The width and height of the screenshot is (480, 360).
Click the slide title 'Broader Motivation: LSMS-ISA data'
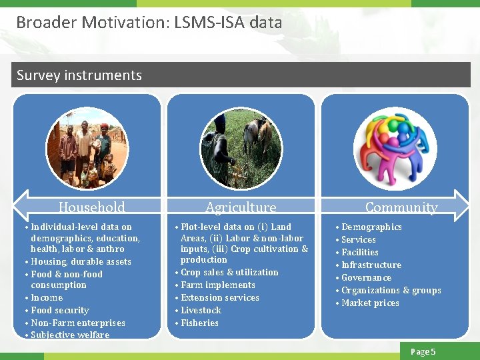pyautogui.click(x=149, y=22)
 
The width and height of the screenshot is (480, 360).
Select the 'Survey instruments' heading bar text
pyautogui.click(x=79, y=75)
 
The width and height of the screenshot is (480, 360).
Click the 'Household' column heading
pyautogui.click(x=91, y=207)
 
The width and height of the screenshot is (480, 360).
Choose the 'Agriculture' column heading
pyautogui.click(x=241, y=207)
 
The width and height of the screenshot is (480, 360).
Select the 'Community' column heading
pyautogui.click(x=401, y=207)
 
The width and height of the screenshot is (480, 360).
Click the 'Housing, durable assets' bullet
pyautogui.click(x=81, y=261)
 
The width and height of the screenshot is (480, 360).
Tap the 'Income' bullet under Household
pyautogui.click(x=47, y=297)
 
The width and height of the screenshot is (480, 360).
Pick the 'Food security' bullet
pyautogui.click(x=59, y=310)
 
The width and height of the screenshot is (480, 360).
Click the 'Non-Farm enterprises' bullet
pyautogui.click(x=77, y=323)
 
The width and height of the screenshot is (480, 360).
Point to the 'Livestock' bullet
pyautogui.click(x=201, y=310)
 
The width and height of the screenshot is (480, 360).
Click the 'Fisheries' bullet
pyautogui.click(x=199, y=323)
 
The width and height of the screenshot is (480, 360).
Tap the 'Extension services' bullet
pyautogui.click(x=220, y=297)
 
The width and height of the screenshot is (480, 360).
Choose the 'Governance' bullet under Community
pyautogui.click(x=366, y=277)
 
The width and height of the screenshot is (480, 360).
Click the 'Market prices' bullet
pyautogui.click(x=370, y=303)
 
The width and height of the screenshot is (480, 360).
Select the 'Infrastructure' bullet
pyautogui.click(x=371, y=265)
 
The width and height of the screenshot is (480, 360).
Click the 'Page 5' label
pyautogui.click(x=423, y=351)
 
